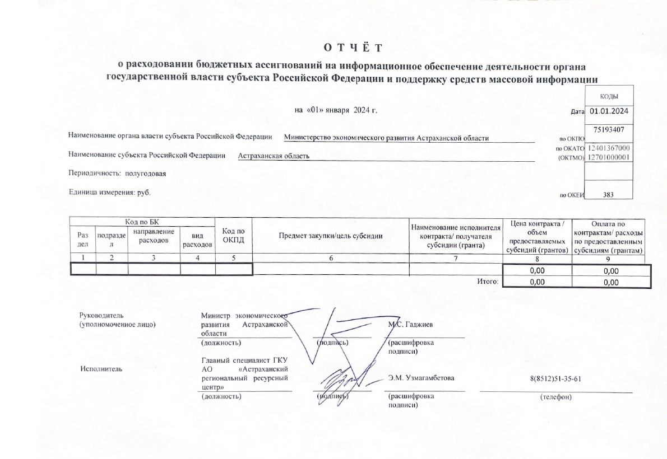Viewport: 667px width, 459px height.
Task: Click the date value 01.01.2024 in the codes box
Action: click(x=609, y=111)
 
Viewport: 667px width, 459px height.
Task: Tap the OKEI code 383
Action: click(x=608, y=195)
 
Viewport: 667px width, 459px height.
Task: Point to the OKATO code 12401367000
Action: click(x=609, y=148)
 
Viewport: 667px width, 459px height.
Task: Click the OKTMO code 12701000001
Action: click(x=609, y=157)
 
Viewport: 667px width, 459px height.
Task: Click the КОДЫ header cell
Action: click(x=609, y=96)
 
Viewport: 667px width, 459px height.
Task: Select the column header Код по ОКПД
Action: click(x=234, y=235)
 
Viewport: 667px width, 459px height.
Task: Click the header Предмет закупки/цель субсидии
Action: click(x=331, y=236)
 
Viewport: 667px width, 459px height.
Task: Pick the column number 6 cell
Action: click(x=331, y=258)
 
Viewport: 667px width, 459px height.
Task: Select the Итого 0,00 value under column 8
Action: click(x=537, y=282)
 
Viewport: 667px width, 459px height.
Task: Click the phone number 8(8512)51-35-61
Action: click(x=555, y=378)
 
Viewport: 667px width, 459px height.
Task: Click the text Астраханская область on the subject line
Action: click(x=274, y=156)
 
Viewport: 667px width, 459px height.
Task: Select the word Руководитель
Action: click(x=98, y=315)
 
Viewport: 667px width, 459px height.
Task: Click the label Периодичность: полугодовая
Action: click(x=117, y=174)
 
